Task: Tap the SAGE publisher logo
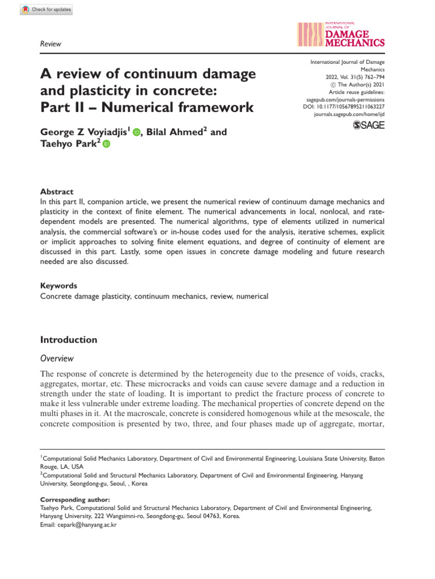368,125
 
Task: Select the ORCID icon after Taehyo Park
106,145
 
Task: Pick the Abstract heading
57,191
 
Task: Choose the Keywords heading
59,286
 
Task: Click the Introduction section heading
69,340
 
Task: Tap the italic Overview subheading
57,358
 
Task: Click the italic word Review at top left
51,44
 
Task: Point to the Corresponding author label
75,500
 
